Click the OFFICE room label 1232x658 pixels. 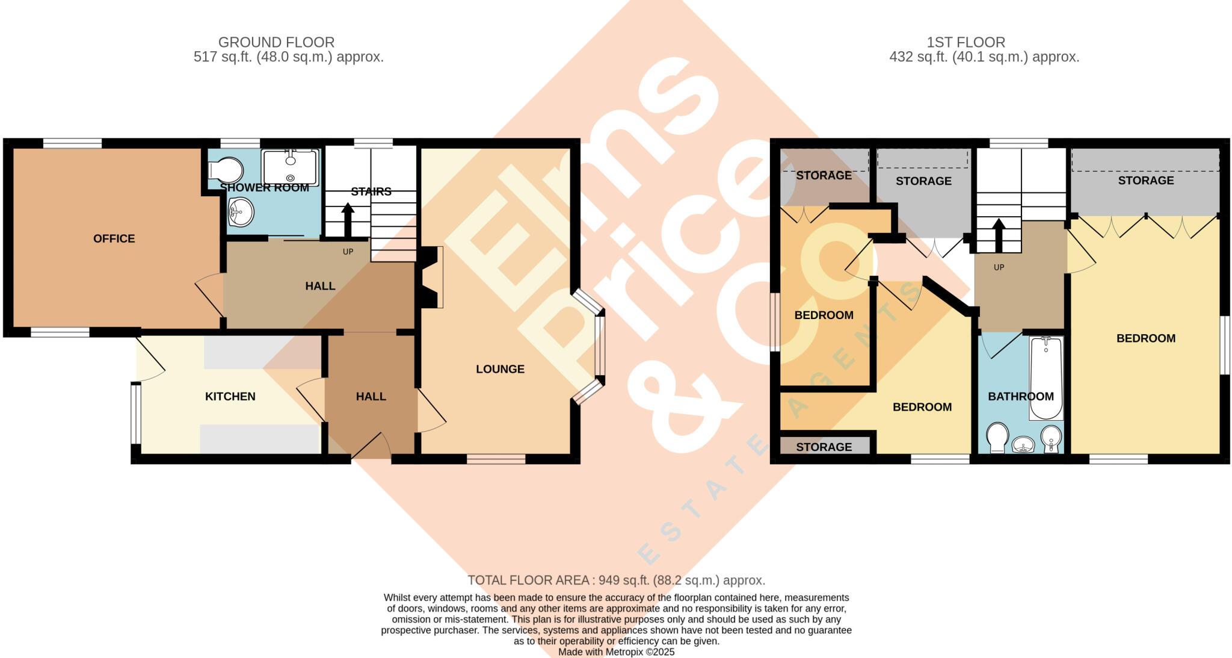click(x=114, y=238)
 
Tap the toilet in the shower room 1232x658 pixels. click(x=224, y=170)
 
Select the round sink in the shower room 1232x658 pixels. click(x=241, y=212)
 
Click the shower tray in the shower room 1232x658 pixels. click(x=290, y=167)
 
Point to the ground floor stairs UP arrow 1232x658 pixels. click(x=348, y=220)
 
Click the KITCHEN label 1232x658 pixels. click(x=230, y=396)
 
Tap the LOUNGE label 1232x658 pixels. click(x=500, y=369)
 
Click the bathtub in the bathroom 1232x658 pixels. click(x=1046, y=378)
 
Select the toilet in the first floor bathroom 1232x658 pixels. click(x=997, y=437)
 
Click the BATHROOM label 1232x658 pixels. click(x=1020, y=396)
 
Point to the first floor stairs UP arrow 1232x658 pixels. click(x=999, y=235)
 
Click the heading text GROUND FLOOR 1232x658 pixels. click(x=276, y=42)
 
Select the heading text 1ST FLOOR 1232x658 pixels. click(x=966, y=42)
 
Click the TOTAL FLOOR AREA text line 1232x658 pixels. click(x=616, y=580)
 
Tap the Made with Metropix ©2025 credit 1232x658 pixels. click(x=616, y=652)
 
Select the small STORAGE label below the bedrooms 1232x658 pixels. click(x=824, y=447)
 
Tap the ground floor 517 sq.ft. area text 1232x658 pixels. click(x=288, y=57)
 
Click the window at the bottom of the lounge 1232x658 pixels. click(x=496, y=459)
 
